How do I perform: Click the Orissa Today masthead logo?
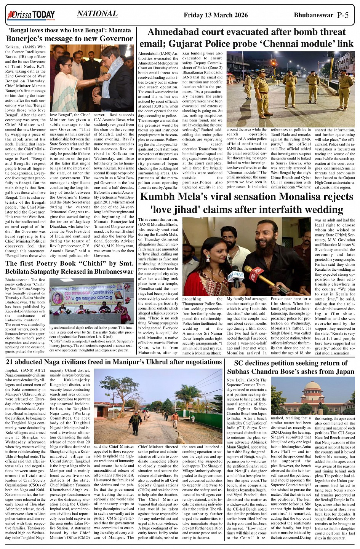[x=30, y=15]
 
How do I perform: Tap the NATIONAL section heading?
[x=97, y=14]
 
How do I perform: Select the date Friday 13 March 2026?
[x=216, y=15]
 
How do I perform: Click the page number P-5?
[x=342, y=15]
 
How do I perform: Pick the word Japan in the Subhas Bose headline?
[x=343, y=371]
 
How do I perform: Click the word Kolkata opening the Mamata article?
[x=13, y=47]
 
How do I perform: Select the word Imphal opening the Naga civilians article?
[x=13, y=370]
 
